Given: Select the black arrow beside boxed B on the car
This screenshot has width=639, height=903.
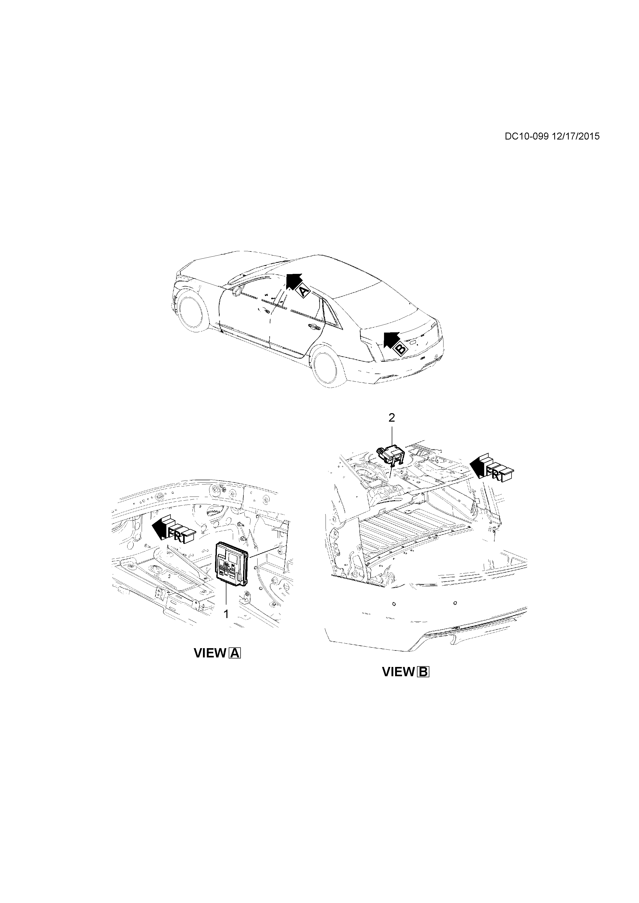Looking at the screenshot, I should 390,339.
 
